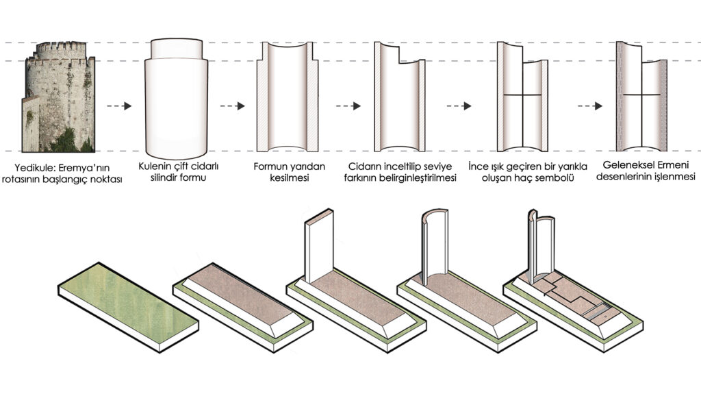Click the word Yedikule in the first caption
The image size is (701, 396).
(x=36, y=167)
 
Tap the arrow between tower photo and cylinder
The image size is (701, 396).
(x=118, y=106)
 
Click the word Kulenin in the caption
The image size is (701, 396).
(x=158, y=167)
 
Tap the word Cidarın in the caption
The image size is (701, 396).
(x=366, y=167)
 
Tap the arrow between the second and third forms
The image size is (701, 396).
(x=233, y=106)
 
